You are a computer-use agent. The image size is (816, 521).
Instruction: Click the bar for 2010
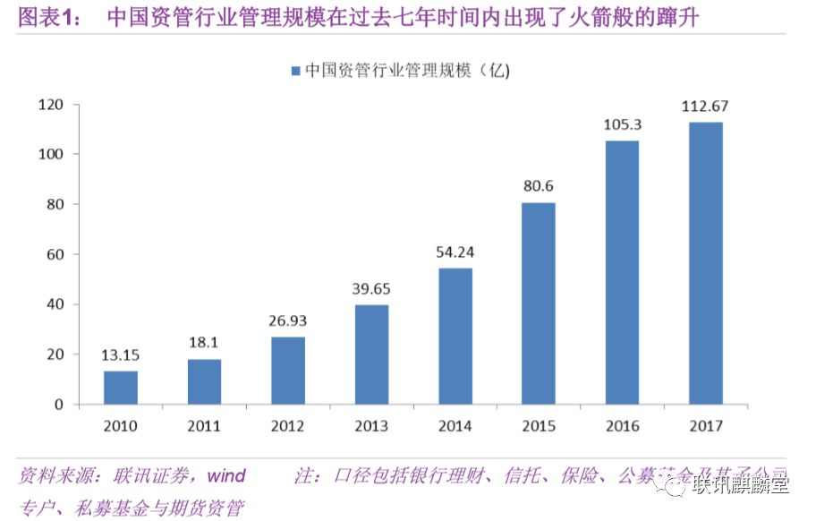[121, 387]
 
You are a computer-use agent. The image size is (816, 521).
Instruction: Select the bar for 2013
[371, 354]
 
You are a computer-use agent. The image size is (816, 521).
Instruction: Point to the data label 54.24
[455, 253]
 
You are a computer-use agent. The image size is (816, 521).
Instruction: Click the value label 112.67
[705, 106]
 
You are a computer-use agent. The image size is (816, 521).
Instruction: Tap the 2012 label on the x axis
[288, 425]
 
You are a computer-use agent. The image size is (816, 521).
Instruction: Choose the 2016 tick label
[622, 425]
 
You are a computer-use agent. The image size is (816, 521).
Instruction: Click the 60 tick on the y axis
[55, 254]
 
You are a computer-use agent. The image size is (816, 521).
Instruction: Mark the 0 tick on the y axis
[59, 405]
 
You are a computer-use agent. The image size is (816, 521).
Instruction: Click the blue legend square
[294, 69]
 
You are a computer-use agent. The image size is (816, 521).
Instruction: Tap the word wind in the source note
[227, 475]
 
